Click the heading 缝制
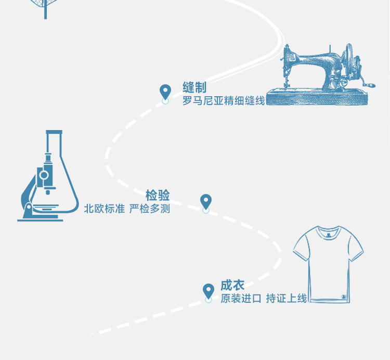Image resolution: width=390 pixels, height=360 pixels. point(194,87)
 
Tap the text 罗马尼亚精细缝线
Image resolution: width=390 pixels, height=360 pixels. point(224,100)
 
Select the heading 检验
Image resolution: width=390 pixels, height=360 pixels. point(158,196)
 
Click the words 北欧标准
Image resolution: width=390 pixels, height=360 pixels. point(105,209)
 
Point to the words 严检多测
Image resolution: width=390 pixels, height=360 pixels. point(150,209)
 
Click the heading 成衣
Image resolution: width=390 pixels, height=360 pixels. point(232,285)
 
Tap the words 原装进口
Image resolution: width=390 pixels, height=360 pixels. point(241,299)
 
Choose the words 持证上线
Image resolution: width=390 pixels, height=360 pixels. point(287,299)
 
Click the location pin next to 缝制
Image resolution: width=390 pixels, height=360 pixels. point(165,92)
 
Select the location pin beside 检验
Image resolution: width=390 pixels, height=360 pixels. point(206,201)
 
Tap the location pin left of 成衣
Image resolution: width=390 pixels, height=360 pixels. point(209,291)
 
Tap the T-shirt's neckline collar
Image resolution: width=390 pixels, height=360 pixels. point(328,232)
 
